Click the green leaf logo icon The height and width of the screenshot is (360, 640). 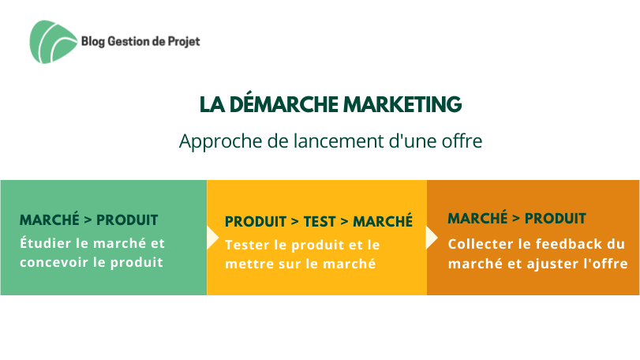(53, 42)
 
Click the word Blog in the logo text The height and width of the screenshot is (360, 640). (93, 42)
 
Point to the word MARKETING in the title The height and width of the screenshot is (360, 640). (402, 104)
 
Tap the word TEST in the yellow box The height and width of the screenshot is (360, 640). (320, 222)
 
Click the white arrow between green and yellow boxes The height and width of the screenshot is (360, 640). (212, 237)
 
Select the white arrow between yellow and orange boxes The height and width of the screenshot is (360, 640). (432, 238)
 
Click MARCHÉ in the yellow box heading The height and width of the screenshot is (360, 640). (383, 221)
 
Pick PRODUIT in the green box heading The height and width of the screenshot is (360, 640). (127, 220)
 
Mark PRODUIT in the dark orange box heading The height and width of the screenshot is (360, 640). (556, 219)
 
